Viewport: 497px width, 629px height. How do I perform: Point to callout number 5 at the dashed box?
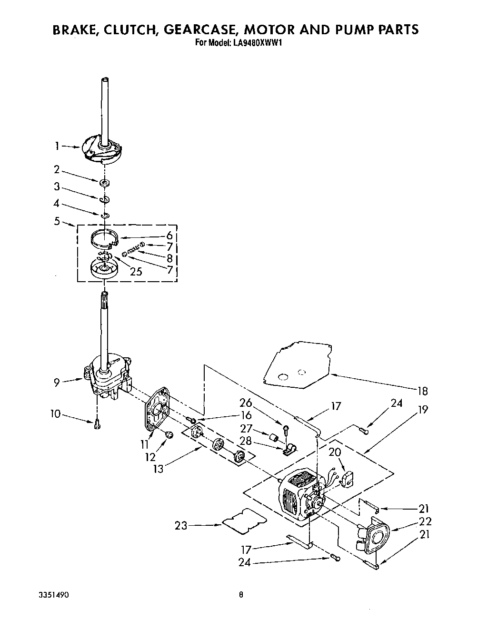pos(57,220)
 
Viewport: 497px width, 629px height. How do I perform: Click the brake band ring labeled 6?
pos(104,237)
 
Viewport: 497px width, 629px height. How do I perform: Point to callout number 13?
pos(158,468)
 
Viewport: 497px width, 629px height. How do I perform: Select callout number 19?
pos(423,409)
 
